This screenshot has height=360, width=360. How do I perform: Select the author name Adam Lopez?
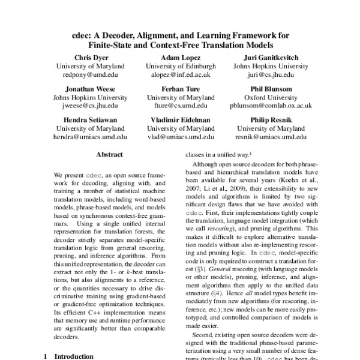click(x=181, y=56)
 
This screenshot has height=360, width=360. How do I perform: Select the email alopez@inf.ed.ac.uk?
click(x=181, y=76)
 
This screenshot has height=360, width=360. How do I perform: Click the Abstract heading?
click(x=109, y=154)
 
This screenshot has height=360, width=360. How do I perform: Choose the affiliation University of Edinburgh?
click(x=181, y=66)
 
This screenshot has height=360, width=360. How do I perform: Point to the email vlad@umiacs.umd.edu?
click(x=181, y=137)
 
